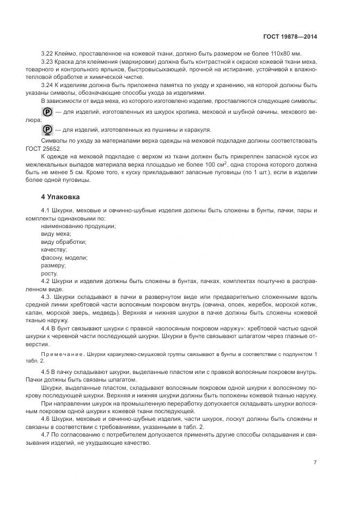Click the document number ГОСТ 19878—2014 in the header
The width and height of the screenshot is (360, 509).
[x=288, y=36]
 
